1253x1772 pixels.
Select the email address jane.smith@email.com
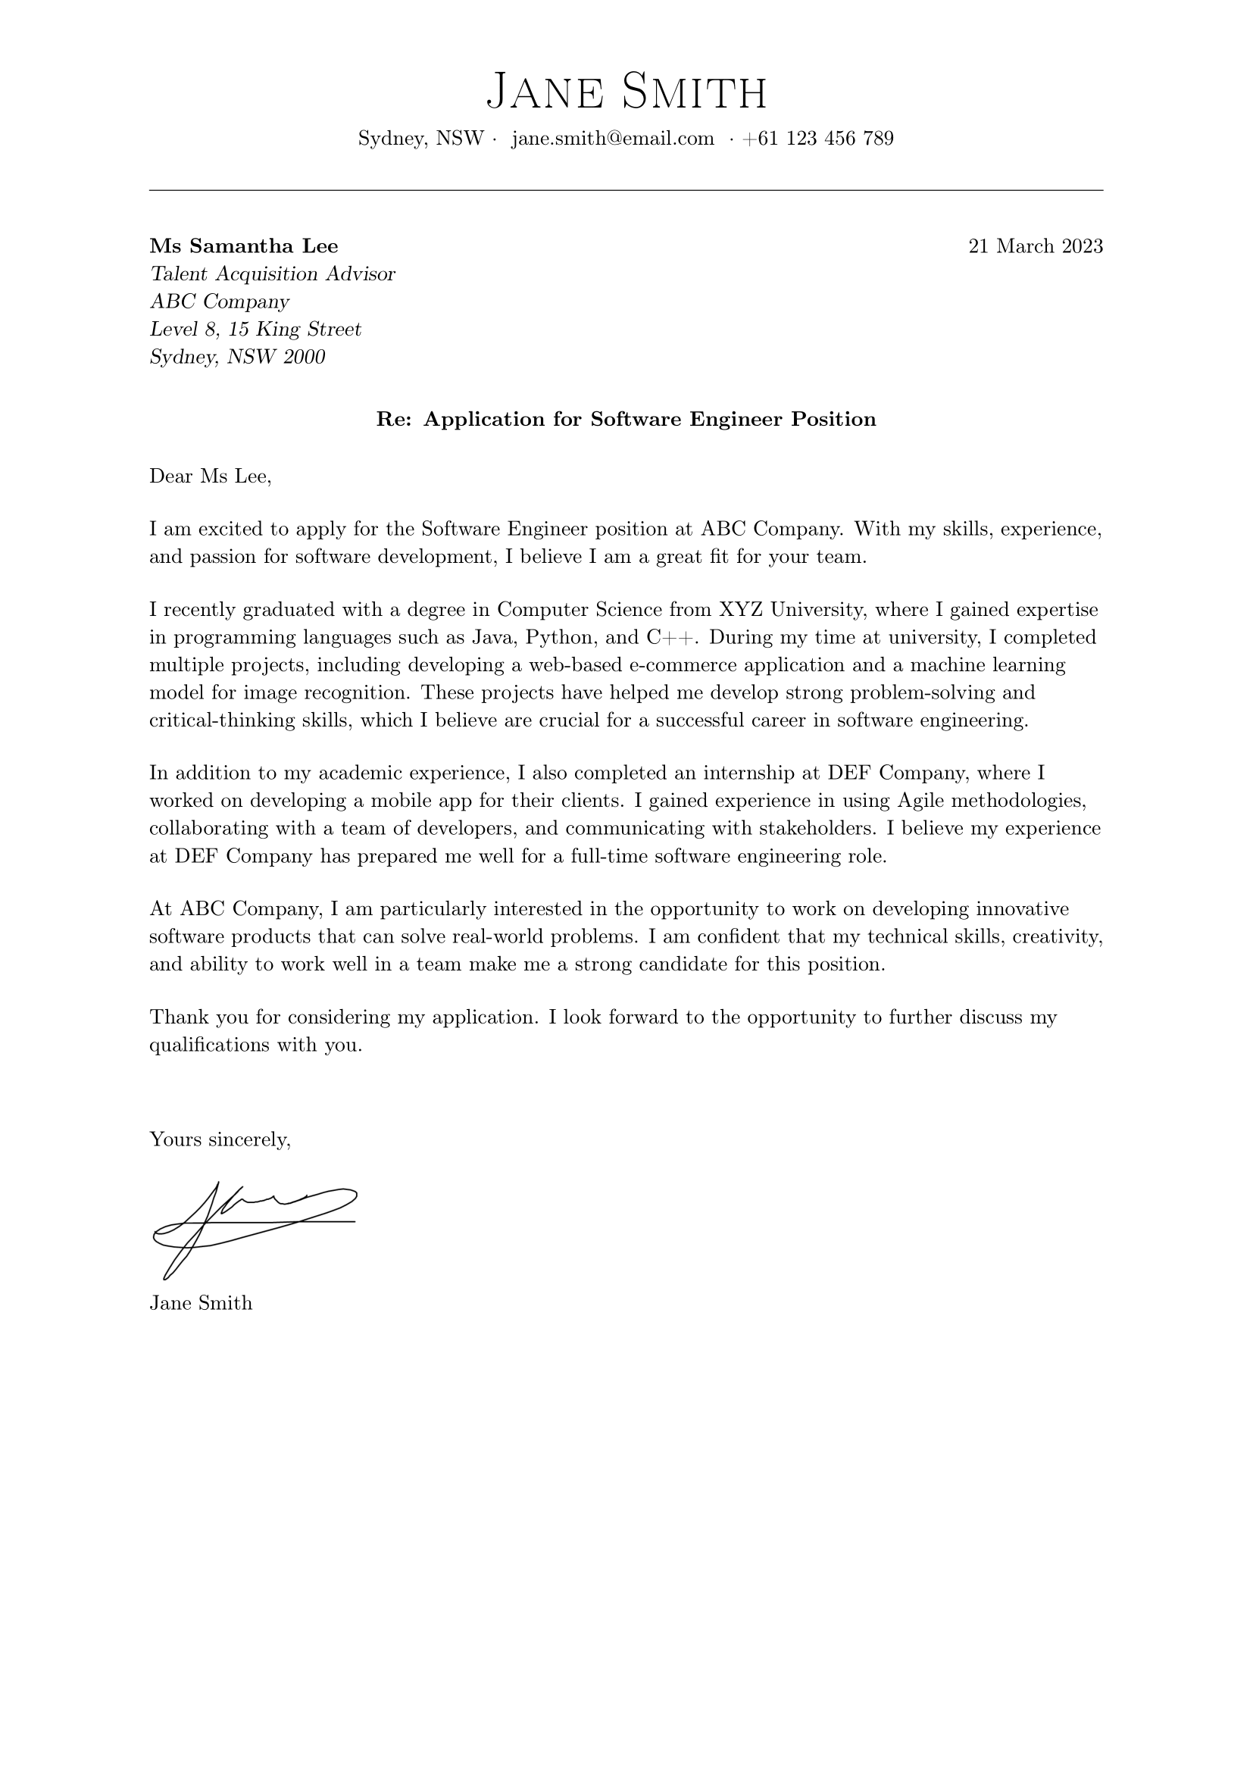pos(613,139)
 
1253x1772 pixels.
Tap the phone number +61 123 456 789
pos(818,139)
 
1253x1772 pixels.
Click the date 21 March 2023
pos(1036,246)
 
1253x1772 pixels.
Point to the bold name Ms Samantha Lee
pos(244,246)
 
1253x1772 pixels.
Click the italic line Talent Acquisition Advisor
pos(273,274)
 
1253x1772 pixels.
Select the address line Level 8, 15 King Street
pos(255,330)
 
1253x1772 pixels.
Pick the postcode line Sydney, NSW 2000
pos(238,358)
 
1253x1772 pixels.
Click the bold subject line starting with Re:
pos(626,419)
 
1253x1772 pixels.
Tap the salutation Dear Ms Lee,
pos(211,477)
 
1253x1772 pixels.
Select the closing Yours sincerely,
pos(220,1140)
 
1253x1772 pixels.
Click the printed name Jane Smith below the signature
pos(201,1304)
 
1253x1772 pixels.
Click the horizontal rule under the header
pos(626,190)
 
